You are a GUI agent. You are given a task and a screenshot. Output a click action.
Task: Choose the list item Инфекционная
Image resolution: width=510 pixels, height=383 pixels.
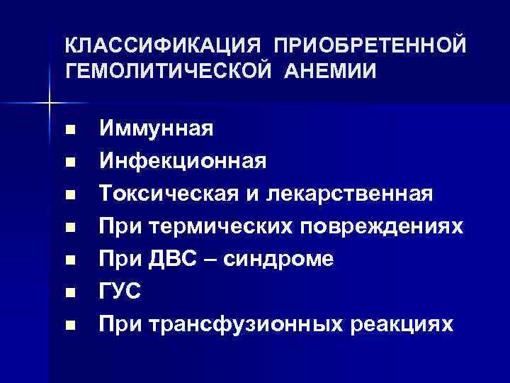click(183, 161)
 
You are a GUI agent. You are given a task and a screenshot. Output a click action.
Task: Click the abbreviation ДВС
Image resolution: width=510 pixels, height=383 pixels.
click(185, 259)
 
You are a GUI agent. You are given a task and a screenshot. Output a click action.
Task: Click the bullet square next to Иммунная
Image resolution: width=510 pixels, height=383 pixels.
click(69, 131)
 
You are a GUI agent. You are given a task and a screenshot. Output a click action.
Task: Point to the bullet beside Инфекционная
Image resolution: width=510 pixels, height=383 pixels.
click(69, 163)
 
